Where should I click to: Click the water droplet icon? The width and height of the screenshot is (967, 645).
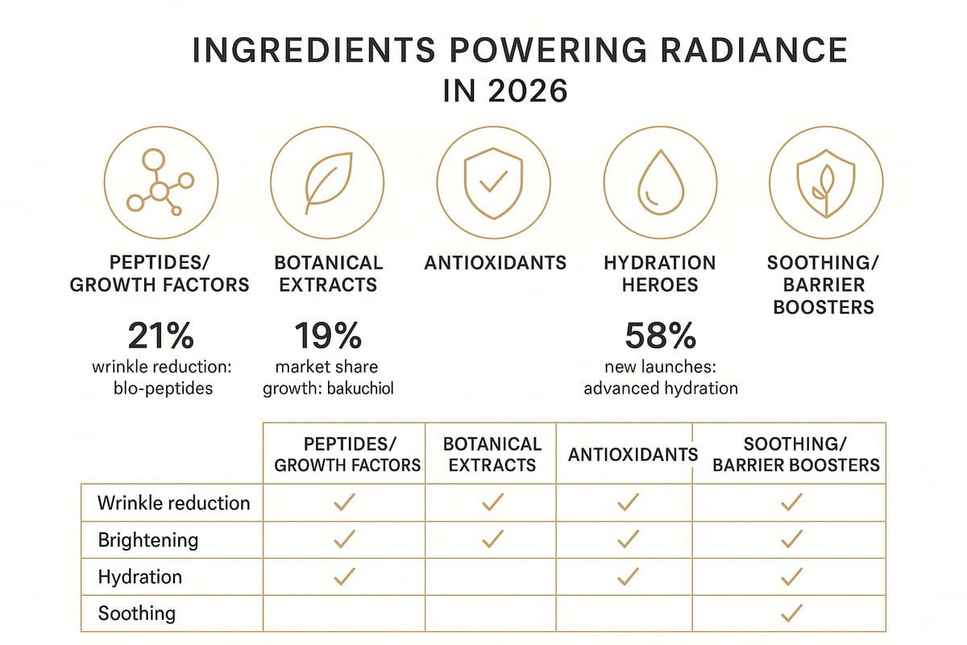click(660, 183)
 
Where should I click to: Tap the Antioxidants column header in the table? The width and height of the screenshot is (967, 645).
click(633, 455)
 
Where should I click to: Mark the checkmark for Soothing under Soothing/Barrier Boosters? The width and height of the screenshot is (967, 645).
click(791, 614)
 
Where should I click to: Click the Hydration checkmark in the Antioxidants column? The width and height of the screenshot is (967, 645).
click(627, 576)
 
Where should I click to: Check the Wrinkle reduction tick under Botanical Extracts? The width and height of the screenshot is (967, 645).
click(492, 502)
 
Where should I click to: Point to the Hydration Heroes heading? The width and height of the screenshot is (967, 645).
click(659, 273)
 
